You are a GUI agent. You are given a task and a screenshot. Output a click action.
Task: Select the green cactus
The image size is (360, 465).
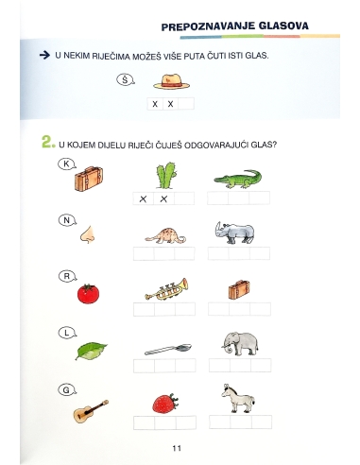(x=165, y=174)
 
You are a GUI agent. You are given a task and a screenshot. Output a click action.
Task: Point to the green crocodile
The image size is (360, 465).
(x=240, y=178)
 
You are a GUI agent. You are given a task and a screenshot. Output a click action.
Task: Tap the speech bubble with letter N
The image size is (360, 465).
(x=67, y=221)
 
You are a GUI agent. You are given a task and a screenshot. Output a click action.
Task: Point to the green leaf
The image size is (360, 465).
(x=92, y=350)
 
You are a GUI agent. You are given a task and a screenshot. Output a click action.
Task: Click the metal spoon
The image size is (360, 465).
(x=165, y=349)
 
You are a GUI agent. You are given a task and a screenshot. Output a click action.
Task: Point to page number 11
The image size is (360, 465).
(x=176, y=447)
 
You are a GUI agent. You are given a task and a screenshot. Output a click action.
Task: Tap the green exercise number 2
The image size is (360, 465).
(x=47, y=144)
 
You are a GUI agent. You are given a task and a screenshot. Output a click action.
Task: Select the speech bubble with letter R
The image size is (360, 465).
(x=67, y=277)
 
